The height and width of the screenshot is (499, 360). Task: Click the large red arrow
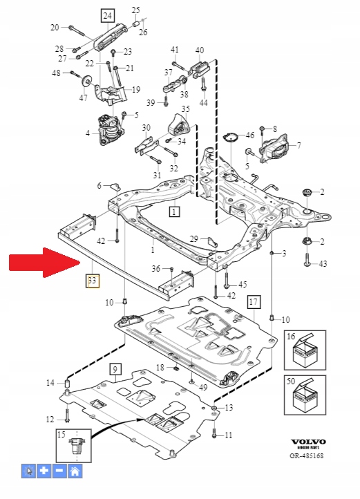click(x=43, y=263)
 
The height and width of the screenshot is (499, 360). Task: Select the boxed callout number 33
click(x=92, y=281)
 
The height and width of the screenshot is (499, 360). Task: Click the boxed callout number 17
click(x=254, y=302)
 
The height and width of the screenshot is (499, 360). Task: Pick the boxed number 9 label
click(x=114, y=369)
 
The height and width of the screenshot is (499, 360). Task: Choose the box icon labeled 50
click(x=302, y=395)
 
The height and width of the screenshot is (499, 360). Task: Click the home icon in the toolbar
click(x=75, y=471)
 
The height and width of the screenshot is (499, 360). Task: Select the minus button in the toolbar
click(x=59, y=471)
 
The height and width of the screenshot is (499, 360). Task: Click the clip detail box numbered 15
click(x=75, y=446)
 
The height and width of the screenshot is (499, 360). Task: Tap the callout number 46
click(x=250, y=135)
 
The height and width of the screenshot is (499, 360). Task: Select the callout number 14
click(x=50, y=383)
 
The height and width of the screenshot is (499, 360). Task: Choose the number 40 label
click(x=200, y=50)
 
